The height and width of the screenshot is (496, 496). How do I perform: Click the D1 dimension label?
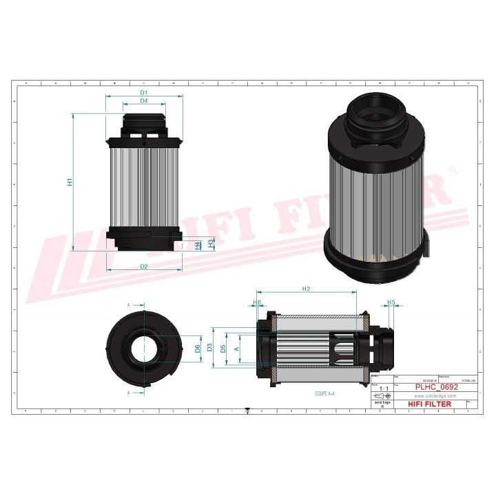145,92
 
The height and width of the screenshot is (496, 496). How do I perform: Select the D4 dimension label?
144,101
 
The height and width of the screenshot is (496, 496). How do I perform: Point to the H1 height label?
70,183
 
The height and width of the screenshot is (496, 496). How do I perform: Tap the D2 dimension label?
144,266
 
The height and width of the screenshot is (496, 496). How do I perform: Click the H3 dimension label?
211,242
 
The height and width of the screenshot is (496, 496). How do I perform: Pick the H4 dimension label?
199,245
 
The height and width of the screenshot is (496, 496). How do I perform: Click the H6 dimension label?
258,302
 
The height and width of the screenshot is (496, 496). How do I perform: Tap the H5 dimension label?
391,302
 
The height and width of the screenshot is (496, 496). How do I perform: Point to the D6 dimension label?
198,349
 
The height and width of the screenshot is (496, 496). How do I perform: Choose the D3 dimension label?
210,349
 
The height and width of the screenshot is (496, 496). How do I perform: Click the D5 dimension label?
223,349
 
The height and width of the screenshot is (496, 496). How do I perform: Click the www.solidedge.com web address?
431,396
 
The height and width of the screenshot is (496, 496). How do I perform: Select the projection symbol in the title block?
380,397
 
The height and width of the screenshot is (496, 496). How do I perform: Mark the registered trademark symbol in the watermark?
451,169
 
